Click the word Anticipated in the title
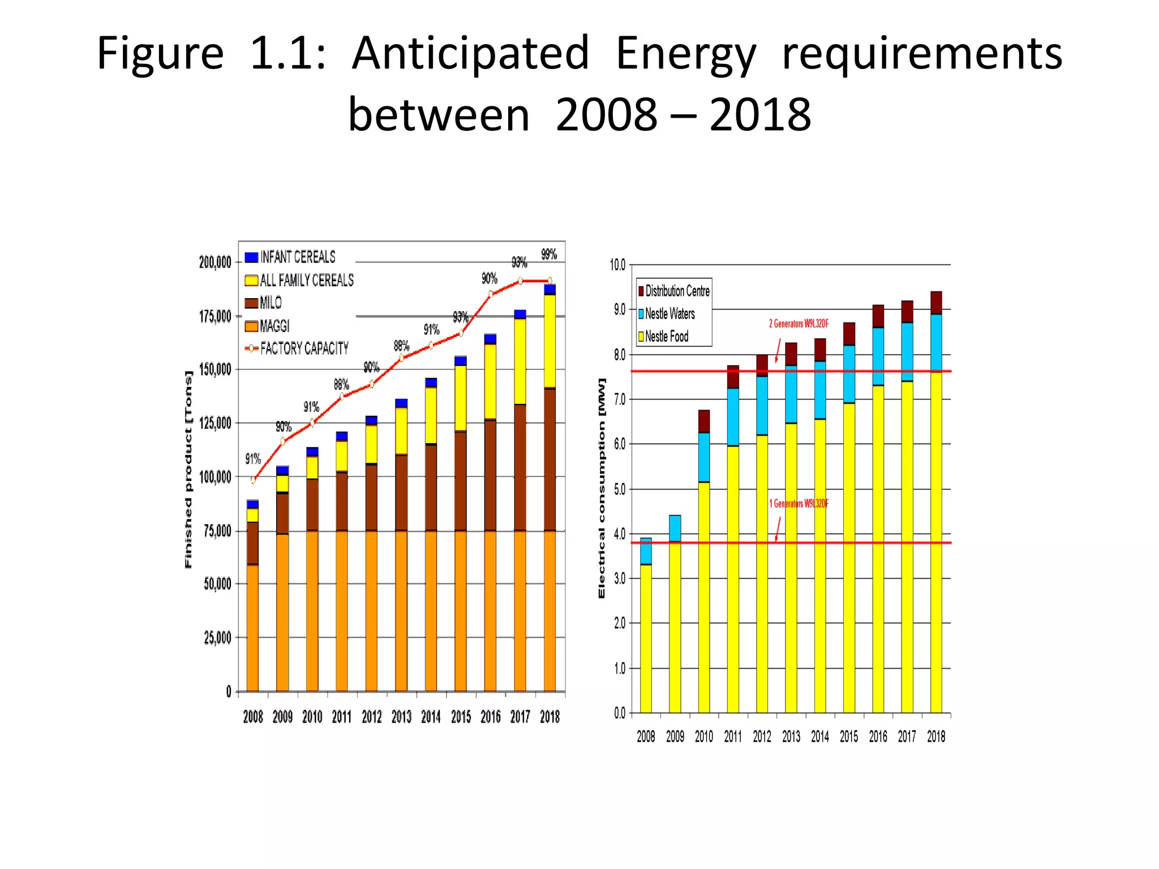click(x=470, y=54)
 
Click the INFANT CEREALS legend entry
click(x=297, y=257)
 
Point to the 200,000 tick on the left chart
click(x=215, y=262)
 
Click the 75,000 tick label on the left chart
click(x=217, y=531)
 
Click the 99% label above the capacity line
click(x=549, y=255)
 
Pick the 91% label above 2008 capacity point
click(x=253, y=459)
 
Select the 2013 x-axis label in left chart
click(x=401, y=717)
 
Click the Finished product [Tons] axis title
click(x=188, y=470)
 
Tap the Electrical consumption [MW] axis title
click(x=602, y=488)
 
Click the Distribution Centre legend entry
click(x=677, y=291)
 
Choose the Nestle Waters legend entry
click(x=669, y=314)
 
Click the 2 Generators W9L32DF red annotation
click(x=799, y=324)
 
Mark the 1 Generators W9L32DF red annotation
click(x=799, y=504)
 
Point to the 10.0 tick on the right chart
click(x=617, y=265)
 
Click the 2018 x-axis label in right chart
click(x=936, y=737)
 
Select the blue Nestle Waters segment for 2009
click(x=675, y=528)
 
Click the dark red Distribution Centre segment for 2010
click(x=704, y=421)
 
